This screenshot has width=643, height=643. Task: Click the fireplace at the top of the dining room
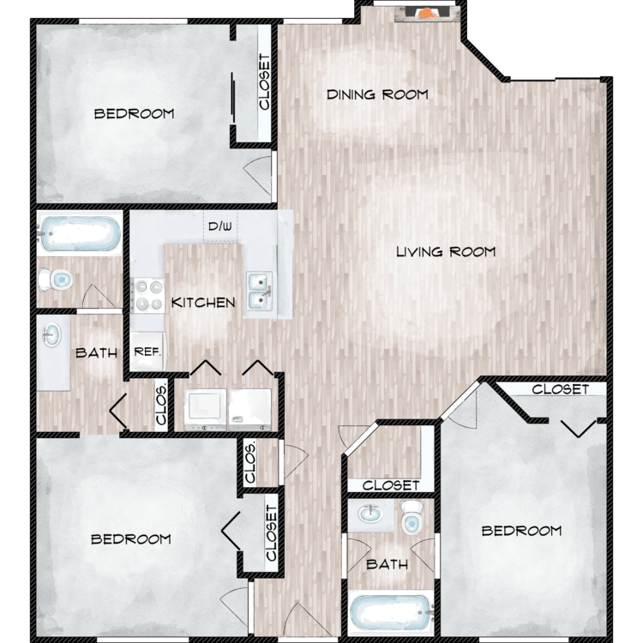pyautogui.click(x=426, y=14)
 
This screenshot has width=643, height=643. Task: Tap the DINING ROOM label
pyautogui.click(x=377, y=94)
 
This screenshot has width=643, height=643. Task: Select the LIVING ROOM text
pyautogui.click(x=446, y=251)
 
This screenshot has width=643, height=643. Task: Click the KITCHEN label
pyautogui.click(x=203, y=303)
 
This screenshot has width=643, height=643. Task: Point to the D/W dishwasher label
pyautogui.click(x=219, y=226)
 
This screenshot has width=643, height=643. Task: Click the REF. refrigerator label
pyautogui.click(x=147, y=352)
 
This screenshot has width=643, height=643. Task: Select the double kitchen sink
pyautogui.click(x=260, y=291)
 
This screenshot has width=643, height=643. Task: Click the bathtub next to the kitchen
pyautogui.click(x=80, y=233)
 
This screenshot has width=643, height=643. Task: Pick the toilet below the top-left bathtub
pyautogui.click(x=56, y=280)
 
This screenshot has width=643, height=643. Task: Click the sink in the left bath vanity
pyautogui.click(x=51, y=335)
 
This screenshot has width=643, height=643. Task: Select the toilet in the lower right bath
pyautogui.click(x=412, y=517)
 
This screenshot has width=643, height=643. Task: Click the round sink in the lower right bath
pyautogui.click(x=370, y=514)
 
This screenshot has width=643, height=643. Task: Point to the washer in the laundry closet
pyautogui.click(x=205, y=409)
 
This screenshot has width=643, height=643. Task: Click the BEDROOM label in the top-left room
pyautogui.click(x=134, y=113)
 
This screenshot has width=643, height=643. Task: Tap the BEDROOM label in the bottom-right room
pyautogui.click(x=521, y=531)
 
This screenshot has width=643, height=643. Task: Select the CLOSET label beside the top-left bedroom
pyautogui.click(x=265, y=82)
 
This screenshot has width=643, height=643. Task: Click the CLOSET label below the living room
pyautogui.click(x=391, y=486)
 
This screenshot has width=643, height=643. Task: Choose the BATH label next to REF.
pyautogui.click(x=96, y=353)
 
